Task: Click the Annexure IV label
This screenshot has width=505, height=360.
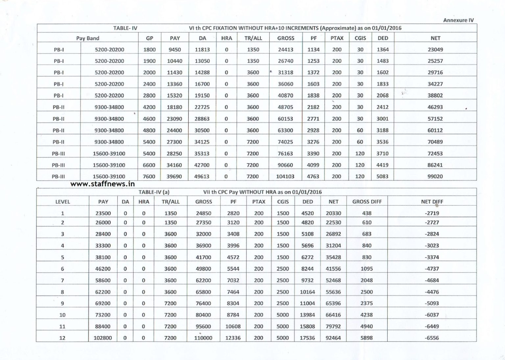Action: (458, 20)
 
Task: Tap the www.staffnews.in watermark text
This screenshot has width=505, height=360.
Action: (103, 184)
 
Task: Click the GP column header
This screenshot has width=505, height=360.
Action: (150, 38)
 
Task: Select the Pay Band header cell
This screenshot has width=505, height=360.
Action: (87, 38)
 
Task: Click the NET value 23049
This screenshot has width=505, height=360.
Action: (435, 50)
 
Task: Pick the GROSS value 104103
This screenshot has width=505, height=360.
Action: (285, 176)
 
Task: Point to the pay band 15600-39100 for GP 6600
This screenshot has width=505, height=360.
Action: (109, 165)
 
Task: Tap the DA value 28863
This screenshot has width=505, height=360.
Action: (202, 119)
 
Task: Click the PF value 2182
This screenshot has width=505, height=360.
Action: (313, 107)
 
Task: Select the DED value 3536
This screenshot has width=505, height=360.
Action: (382, 142)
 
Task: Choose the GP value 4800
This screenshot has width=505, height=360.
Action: (149, 130)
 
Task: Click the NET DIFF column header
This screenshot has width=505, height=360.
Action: (432, 202)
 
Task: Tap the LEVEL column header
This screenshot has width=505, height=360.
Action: (62, 202)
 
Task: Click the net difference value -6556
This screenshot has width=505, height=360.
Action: (432, 338)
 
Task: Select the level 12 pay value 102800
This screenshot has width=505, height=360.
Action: (103, 338)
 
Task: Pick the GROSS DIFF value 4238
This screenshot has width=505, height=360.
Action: (367, 315)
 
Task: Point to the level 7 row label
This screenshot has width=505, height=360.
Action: (62, 280)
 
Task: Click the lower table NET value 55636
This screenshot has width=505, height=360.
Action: (333, 292)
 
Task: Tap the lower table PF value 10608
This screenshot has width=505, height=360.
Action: (233, 326)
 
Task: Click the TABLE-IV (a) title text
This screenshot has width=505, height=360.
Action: (154, 192)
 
